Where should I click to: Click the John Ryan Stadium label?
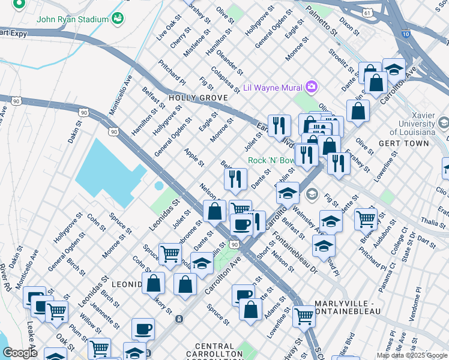coord(72,19)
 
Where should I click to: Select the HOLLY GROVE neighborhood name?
coord(197,98)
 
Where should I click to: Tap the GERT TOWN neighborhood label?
coord(404,143)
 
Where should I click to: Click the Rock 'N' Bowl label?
coord(271,161)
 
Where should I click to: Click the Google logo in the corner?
coord(20,353)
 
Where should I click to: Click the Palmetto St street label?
coord(318,17)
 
